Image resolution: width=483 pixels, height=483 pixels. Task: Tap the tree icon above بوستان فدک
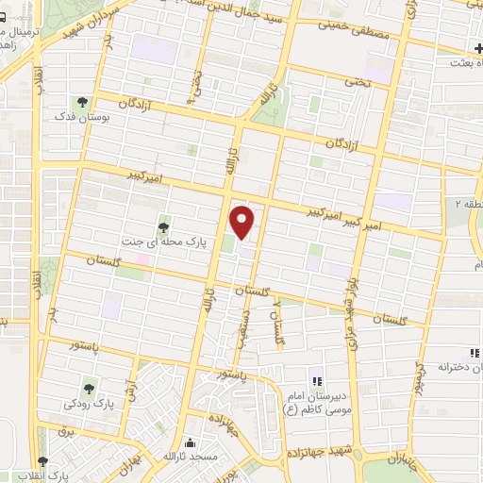pos(82,102)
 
